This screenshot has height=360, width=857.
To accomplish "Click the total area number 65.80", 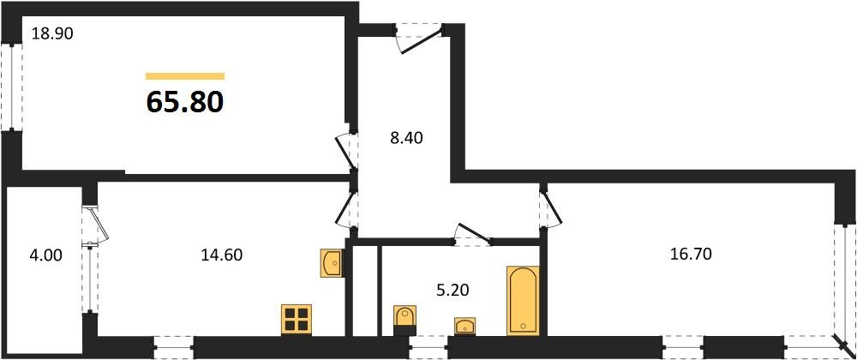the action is (x=185, y=102).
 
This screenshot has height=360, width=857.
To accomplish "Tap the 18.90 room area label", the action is (x=52, y=34).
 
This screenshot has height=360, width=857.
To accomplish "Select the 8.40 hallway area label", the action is (x=406, y=138).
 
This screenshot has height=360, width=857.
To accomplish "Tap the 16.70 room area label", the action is (x=691, y=254).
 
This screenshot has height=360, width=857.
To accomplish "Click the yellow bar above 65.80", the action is (x=185, y=76).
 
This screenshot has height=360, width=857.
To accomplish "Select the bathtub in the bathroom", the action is (x=523, y=301).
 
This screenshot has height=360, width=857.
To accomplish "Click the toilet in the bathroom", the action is (x=405, y=321).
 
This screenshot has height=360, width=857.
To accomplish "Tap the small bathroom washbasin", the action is (x=465, y=325).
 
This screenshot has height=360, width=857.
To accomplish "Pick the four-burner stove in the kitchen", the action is (x=297, y=319).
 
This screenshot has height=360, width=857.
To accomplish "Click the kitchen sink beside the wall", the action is (x=331, y=264).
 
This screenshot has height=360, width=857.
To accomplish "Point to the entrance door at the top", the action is (x=420, y=39).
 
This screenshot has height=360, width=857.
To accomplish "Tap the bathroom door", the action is (x=473, y=235).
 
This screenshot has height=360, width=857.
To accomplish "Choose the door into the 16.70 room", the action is (x=550, y=207).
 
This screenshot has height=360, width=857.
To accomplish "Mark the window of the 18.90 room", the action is (x=12, y=87).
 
